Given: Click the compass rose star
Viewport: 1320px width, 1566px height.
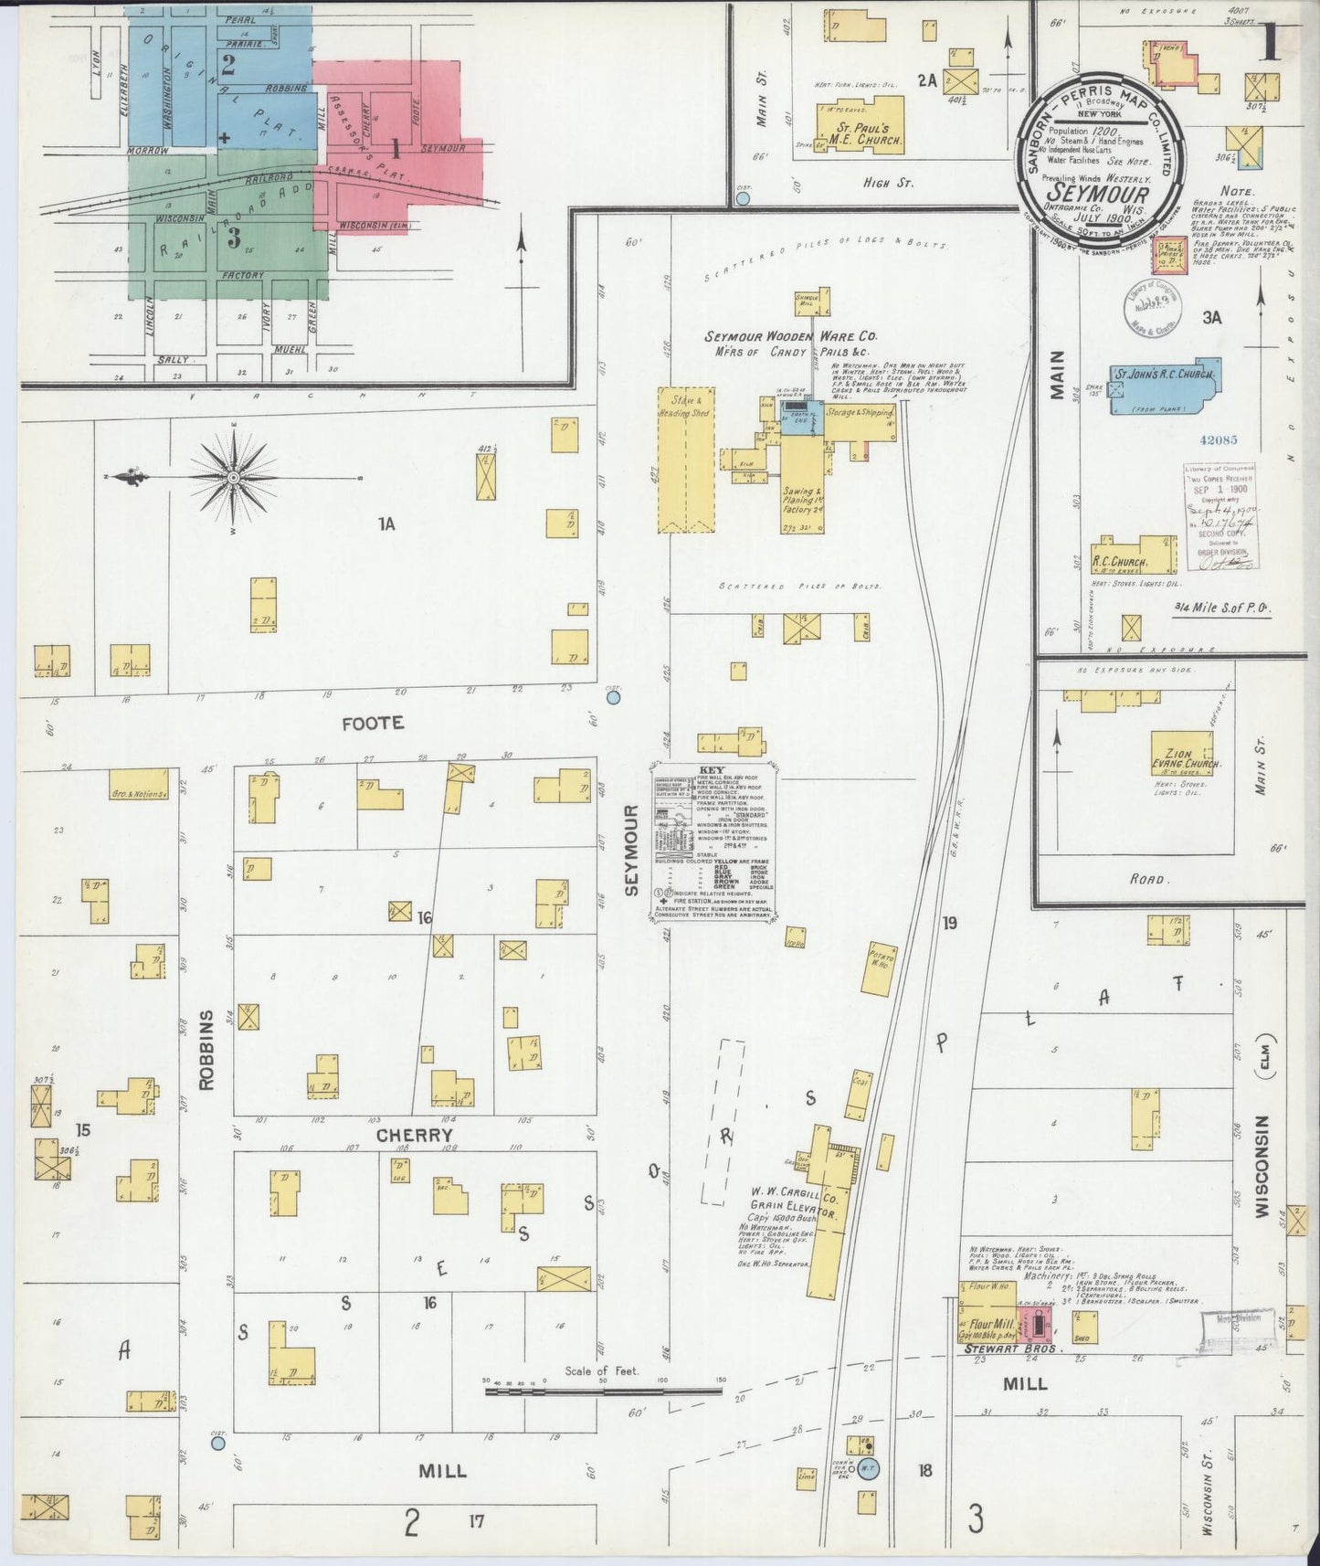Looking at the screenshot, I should [x=234, y=477].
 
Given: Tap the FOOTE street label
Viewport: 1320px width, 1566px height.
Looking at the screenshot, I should [x=372, y=723].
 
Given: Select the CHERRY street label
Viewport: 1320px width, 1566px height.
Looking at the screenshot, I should [x=415, y=1136].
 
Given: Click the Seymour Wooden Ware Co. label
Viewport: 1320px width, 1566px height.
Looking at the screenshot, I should [x=790, y=336].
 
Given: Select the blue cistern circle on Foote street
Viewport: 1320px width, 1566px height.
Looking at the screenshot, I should [x=614, y=697].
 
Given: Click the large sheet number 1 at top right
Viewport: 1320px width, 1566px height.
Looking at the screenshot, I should [x=1270, y=43].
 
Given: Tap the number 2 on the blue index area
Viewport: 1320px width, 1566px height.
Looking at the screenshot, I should [x=228, y=64].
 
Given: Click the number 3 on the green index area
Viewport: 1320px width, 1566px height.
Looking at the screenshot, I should [x=234, y=238].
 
